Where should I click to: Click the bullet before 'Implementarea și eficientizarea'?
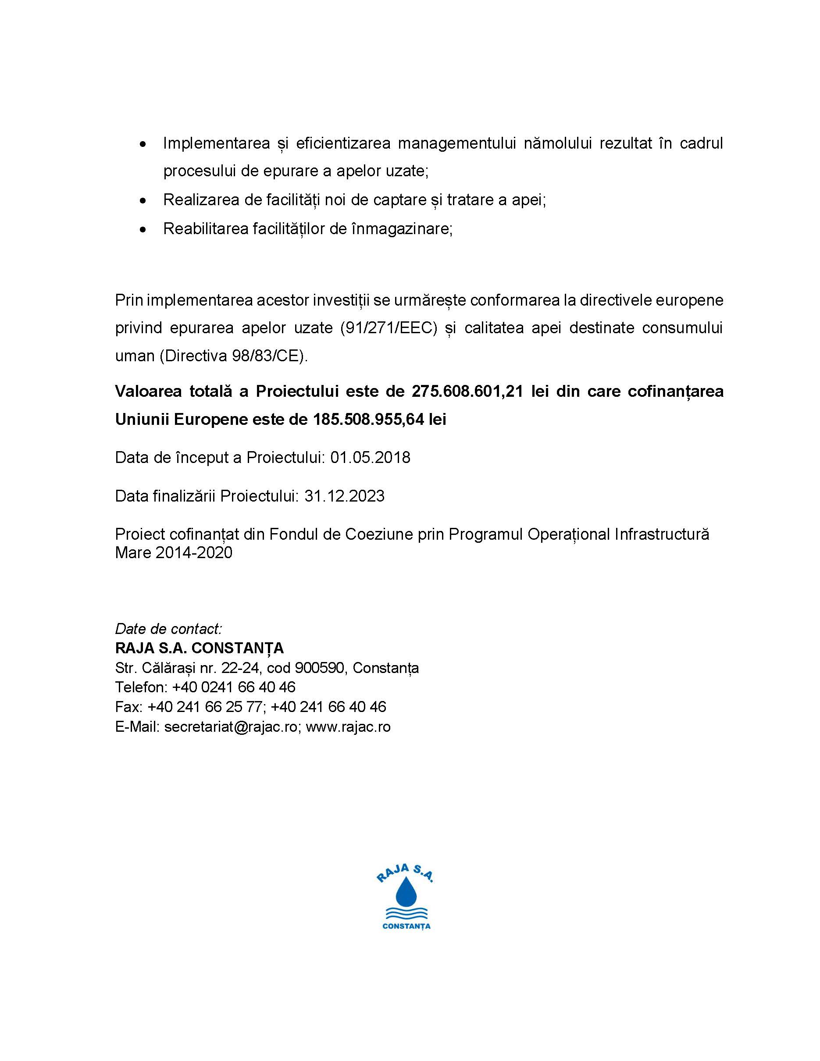tap(143, 144)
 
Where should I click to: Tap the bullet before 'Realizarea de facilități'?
tap(143, 200)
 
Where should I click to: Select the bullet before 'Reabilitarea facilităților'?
tap(143, 229)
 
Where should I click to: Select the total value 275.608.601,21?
tap(467, 391)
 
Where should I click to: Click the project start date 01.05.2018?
tap(370, 458)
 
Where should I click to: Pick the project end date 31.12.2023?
tap(344, 496)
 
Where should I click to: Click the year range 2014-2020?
tap(194, 553)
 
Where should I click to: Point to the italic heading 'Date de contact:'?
tap(168, 629)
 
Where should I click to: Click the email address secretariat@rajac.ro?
tap(231, 726)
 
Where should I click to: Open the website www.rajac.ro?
tap(348, 726)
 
